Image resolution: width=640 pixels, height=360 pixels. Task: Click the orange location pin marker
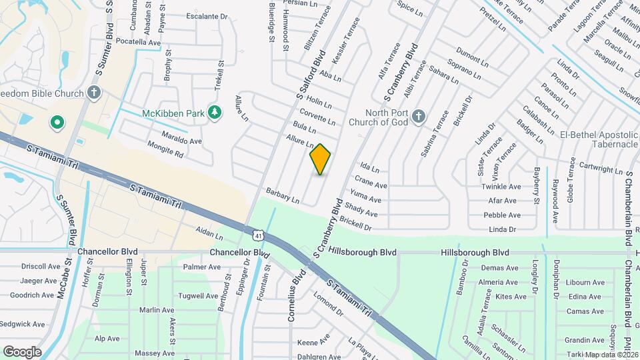point(321,159)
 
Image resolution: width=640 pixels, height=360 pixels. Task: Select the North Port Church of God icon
point(418,117)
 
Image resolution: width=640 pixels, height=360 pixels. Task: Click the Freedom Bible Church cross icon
point(94,91)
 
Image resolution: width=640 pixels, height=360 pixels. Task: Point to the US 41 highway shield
point(257,235)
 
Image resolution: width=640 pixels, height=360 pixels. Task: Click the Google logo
point(22,351)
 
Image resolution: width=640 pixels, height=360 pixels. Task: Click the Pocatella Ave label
point(139,42)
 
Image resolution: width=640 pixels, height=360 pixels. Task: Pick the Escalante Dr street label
point(207,17)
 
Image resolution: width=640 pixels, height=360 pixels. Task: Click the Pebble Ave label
point(502,215)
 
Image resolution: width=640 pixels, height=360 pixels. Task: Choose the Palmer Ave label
point(201,267)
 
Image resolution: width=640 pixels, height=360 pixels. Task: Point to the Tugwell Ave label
point(199,295)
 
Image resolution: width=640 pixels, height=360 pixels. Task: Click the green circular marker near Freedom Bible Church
point(57,122)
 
